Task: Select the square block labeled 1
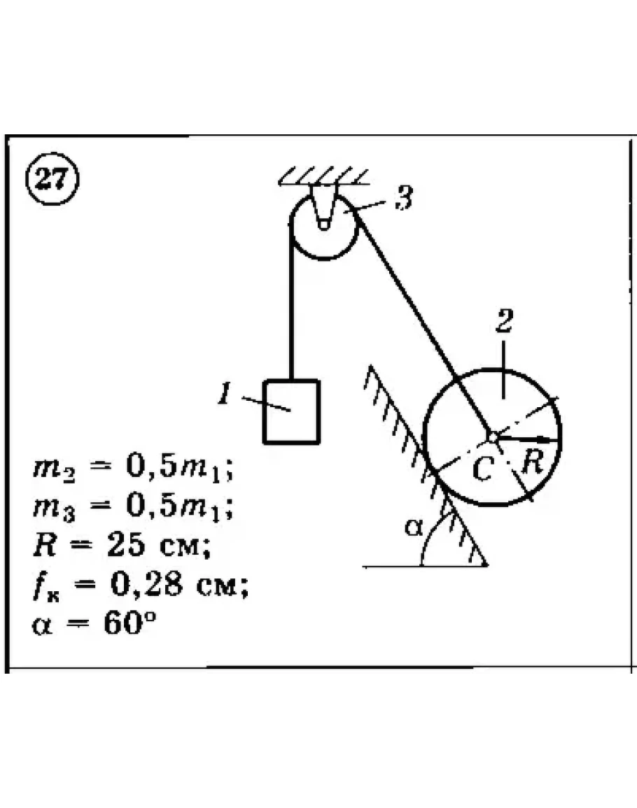pyautogui.click(x=291, y=412)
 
